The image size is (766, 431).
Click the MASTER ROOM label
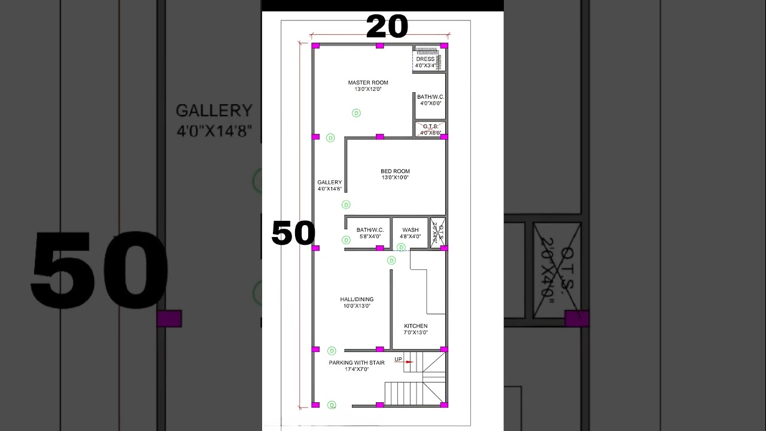tap(368, 83)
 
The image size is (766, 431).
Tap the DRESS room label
tap(425, 59)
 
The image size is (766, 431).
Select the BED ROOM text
tap(395, 171)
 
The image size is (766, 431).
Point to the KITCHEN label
tap(415, 326)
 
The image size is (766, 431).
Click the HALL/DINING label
tap(357, 299)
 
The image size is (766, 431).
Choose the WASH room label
tap(410, 230)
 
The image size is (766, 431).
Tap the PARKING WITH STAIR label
tap(357, 363)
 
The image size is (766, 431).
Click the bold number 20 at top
tap(387, 27)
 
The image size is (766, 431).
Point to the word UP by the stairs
tap(398, 359)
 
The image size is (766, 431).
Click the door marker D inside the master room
tap(356, 113)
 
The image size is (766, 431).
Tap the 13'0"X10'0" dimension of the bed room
tap(395, 178)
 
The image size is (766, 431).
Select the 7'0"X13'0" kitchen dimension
tap(415, 333)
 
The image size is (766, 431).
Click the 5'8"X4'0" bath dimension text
tap(370, 236)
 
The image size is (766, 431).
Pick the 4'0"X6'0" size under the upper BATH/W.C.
tap(430, 103)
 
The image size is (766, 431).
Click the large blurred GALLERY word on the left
tap(214, 111)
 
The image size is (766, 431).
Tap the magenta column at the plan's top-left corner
tap(315, 45)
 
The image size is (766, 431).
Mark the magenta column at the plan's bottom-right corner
tap(444, 405)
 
